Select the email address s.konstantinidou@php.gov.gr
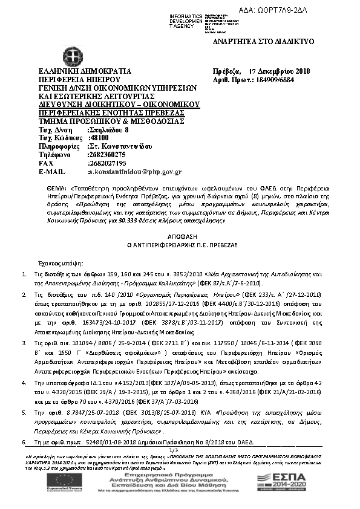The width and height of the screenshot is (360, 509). tap(134, 172)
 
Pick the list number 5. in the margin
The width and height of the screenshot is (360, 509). tap(24, 411)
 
